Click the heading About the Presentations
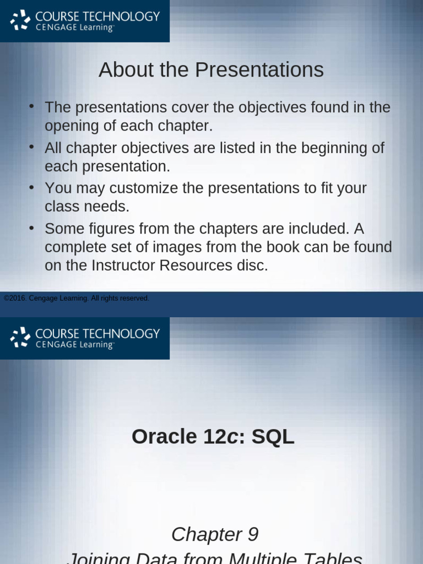coord(211,70)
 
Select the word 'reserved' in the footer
coord(135,299)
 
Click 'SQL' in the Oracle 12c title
coord(273,437)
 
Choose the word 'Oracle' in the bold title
coord(164,437)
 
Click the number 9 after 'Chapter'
coord(253,534)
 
